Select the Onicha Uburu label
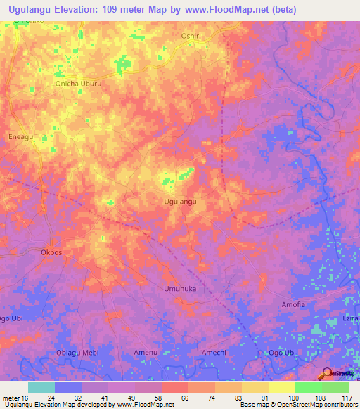click(x=79, y=82)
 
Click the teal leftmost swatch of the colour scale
click(x=41, y=387)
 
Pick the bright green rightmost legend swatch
click(x=335, y=387)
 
